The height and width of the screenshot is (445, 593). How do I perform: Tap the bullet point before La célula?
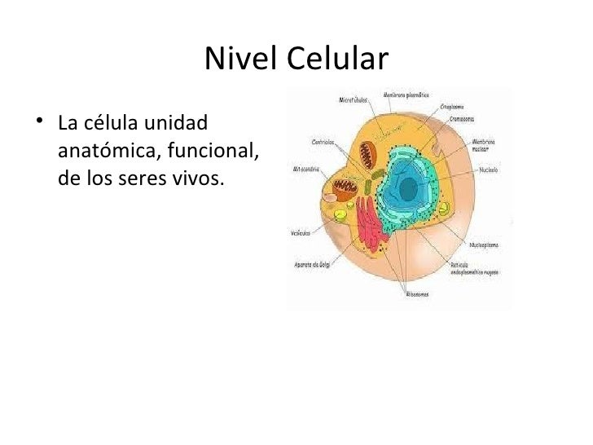(x=37, y=125)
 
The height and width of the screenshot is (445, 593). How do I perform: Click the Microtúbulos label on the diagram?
(x=353, y=100)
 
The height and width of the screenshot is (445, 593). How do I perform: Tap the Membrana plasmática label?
(x=403, y=95)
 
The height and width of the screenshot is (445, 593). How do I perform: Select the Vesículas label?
(x=301, y=233)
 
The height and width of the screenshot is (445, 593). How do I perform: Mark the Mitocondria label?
(x=306, y=170)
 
